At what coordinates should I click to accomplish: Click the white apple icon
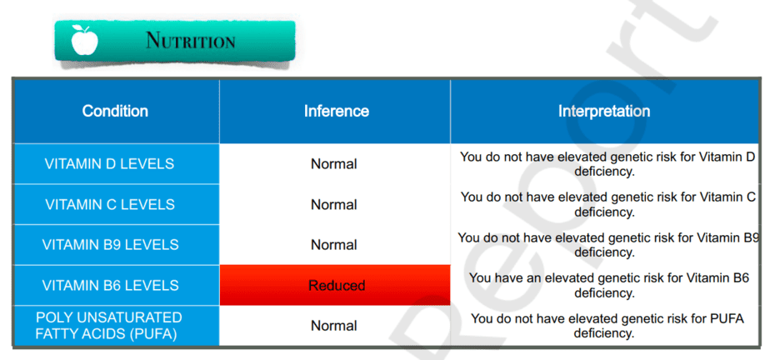(84, 40)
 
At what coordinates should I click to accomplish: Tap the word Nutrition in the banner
(191, 41)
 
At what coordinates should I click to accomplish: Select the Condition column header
(115, 111)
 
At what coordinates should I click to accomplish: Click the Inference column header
(337, 111)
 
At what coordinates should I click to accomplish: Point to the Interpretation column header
(604, 111)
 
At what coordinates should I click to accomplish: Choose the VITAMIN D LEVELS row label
(109, 164)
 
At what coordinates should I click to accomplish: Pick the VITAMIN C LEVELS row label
(110, 204)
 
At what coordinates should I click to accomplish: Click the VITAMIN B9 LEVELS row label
(111, 245)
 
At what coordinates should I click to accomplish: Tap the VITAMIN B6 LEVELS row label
(111, 285)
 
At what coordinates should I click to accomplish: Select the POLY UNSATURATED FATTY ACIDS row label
(109, 326)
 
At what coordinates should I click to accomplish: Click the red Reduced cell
(335, 285)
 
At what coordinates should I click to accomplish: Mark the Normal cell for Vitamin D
(334, 164)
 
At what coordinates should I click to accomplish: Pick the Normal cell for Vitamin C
(334, 204)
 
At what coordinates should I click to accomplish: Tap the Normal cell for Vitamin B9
(334, 245)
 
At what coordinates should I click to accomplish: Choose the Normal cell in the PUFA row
(334, 326)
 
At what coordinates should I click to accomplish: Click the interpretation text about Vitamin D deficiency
(607, 164)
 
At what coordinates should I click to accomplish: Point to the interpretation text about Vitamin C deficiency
(607, 205)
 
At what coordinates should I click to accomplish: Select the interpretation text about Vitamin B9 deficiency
(608, 245)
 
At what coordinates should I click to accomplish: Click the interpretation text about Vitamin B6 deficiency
(608, 285)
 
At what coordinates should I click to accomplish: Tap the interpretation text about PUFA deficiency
(607, 326)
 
